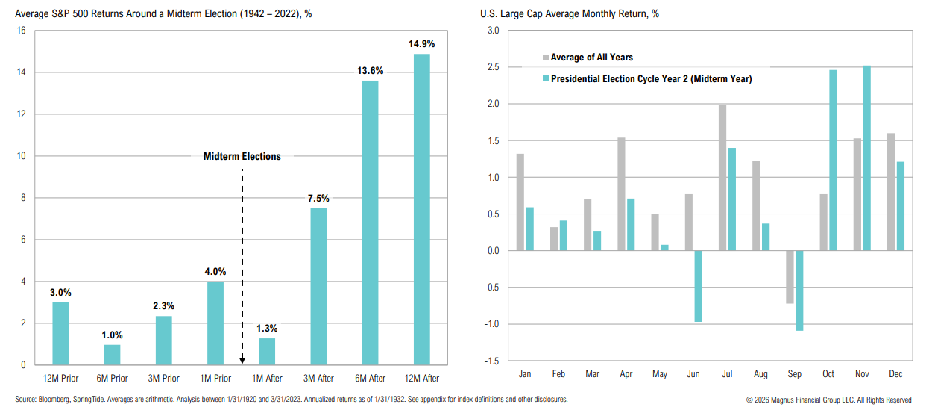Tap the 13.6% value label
pos(370,71)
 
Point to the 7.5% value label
pos(318,199)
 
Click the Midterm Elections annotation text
pos(242,157)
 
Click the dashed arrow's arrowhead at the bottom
pos(242,360)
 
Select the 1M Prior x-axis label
pos(215,379)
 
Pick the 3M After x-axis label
pos(318,379)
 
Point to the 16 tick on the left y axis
pos(21,31)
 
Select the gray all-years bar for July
pos(722,178)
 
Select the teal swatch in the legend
pos(545,78)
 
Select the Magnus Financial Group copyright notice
pos(829,400)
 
